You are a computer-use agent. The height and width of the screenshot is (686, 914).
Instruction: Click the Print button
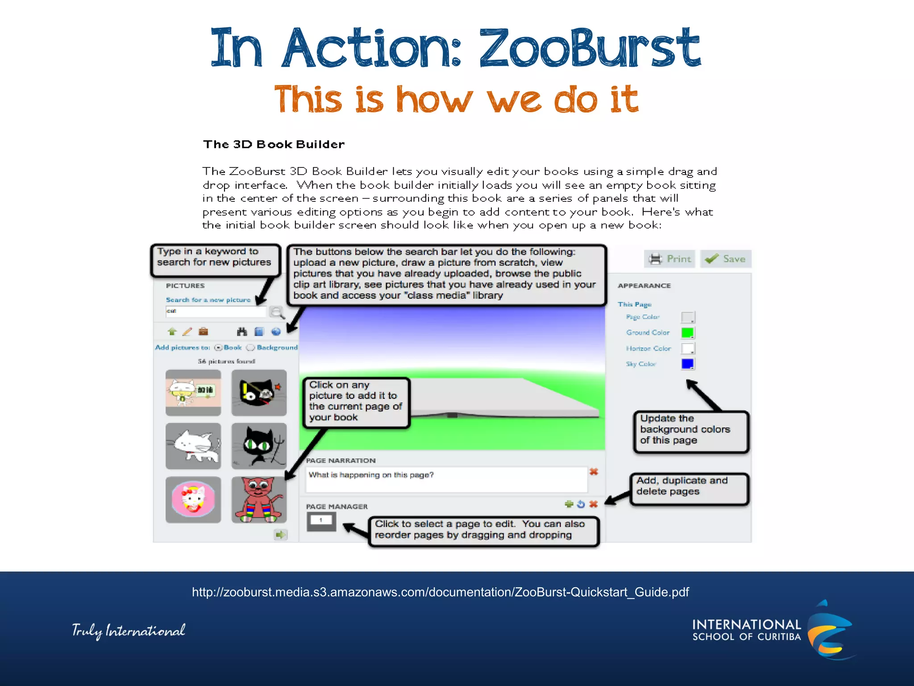coord(669,259)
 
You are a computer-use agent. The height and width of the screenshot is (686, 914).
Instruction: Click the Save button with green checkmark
coord(726,259)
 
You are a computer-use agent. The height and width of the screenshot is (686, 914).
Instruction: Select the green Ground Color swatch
coord(687,333)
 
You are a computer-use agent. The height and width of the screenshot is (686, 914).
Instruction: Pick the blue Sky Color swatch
coord(687,364)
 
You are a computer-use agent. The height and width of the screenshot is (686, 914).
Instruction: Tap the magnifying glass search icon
coord(277,312)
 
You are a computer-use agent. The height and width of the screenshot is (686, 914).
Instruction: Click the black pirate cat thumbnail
coord(259,393)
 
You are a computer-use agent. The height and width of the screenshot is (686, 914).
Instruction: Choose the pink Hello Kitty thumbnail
coord(193,499)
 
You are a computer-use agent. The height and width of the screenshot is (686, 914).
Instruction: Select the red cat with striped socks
coord(259,499)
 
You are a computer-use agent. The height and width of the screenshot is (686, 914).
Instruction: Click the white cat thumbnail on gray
coord(193,446)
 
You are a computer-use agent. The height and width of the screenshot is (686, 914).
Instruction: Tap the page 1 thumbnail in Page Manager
coord(321,521)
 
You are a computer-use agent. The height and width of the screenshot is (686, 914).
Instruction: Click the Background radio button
coord(251,347)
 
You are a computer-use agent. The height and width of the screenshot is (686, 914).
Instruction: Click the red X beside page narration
coord(594,472)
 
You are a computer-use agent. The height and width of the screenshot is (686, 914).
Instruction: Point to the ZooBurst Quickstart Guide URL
coord(440,592)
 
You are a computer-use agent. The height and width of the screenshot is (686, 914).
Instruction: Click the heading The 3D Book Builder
coord(274,144)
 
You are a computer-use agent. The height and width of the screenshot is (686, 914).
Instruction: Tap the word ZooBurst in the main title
coord(589,48)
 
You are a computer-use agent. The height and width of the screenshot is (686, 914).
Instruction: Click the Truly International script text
coord(129,631)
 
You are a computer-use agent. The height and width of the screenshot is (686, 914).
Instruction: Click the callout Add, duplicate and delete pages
coord(689,489)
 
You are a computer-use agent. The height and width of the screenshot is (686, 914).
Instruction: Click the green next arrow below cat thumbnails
coord(280,535)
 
